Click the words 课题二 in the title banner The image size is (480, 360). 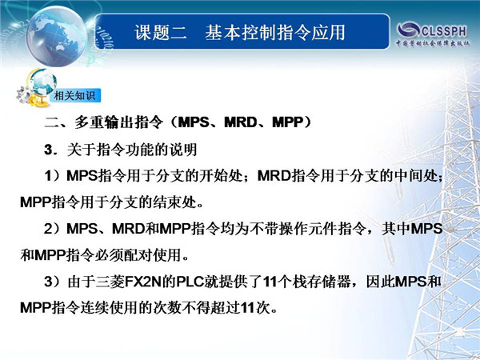161,32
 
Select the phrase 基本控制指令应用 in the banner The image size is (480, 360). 275,32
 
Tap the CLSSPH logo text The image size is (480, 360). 444,31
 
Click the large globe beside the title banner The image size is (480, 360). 56,36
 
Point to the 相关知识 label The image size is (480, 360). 74,95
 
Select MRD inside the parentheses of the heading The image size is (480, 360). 241,122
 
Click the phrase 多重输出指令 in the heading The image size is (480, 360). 118,122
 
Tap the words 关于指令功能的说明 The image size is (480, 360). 132,150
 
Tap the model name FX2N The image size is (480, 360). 143,282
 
